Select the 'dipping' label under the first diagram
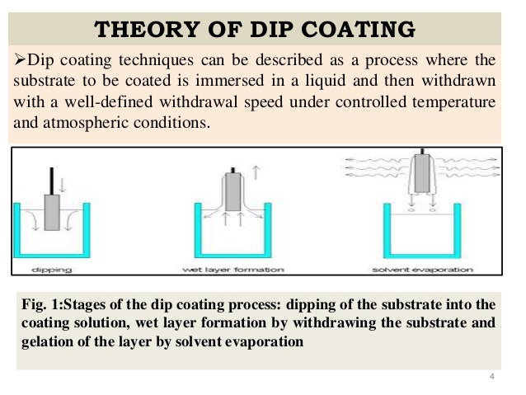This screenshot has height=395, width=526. [50, 269]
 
